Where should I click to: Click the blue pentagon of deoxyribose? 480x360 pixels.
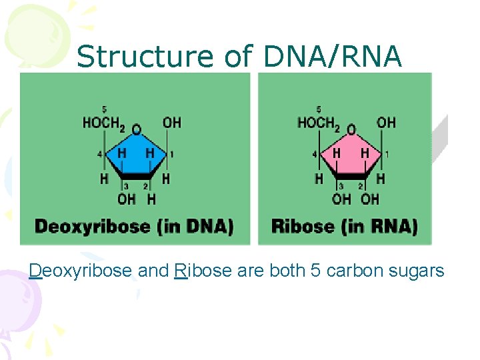tap(136, 158)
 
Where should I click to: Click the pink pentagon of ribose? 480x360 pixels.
tap(351, 158)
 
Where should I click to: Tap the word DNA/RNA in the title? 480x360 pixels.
tap(333, 57)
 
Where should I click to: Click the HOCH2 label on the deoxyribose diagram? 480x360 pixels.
tap(103, 123)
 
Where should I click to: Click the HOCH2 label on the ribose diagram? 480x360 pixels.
tap(318, 123)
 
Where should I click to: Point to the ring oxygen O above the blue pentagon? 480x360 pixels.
tap(137, 129)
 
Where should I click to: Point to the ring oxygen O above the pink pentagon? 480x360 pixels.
tap(351, 129)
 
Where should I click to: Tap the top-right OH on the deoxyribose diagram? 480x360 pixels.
tap(171, 123)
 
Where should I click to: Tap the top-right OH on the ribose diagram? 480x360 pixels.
tap(386, 123)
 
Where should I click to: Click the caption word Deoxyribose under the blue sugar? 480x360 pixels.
tap(92, 227)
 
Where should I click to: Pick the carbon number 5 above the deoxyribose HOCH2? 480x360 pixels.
tap(104, 109)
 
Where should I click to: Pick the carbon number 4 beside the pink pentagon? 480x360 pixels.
tap(314, 155)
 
